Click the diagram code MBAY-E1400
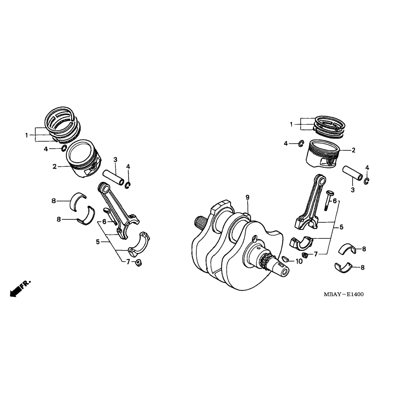click(x=343, y=294)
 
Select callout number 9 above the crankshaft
click(x=247, y=197)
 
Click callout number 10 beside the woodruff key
click(x=299, y=261)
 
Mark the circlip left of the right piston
click(x=301, y=143)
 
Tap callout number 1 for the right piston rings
click(x=291, y=125)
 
